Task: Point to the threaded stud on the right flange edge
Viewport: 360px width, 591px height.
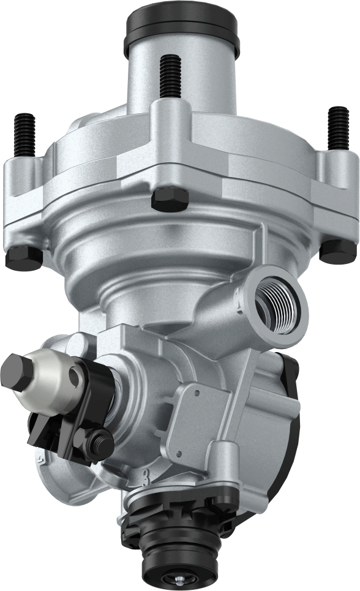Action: coord(337,128)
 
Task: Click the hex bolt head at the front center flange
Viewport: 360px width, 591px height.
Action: coord(170,199)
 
